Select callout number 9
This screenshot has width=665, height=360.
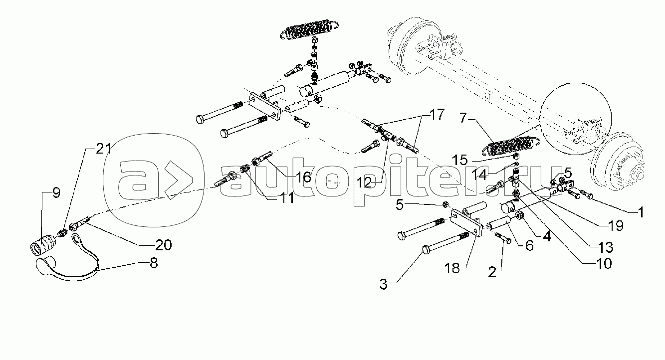55,193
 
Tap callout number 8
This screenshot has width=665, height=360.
153,263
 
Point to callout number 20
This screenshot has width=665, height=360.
163,245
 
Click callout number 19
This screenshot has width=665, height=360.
616,226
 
